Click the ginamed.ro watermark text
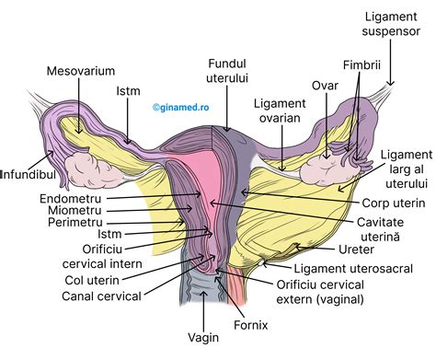[x=183, y=107]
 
